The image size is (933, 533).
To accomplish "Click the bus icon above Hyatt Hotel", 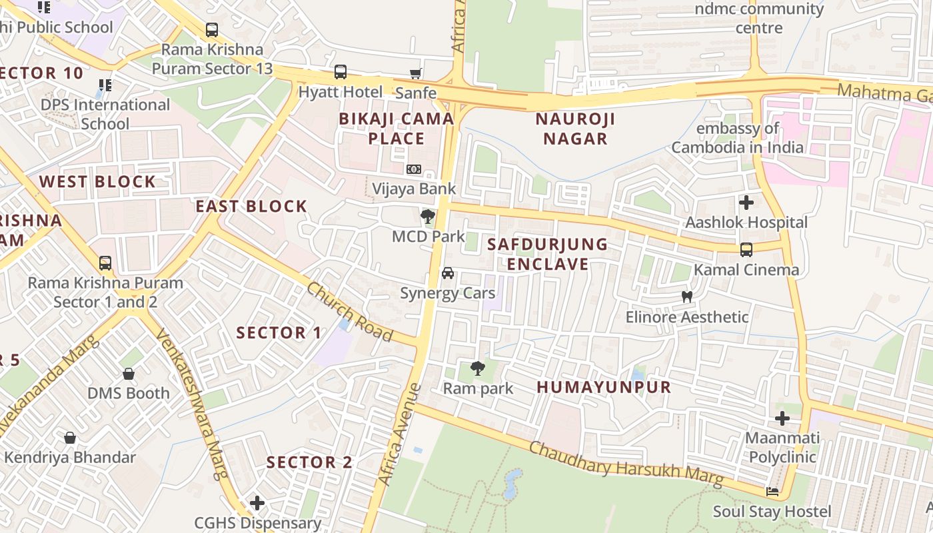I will click(x=341, y=72).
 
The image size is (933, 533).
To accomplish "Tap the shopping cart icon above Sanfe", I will click(x=416, y=73).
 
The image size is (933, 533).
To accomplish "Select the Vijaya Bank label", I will click(x=414, y=189).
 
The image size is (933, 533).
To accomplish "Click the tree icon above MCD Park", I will click(x=428, y=217).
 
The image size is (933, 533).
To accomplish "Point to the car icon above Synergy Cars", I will click(x=448, y=273).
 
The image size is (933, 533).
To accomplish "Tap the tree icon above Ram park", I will click(x=478, y=368).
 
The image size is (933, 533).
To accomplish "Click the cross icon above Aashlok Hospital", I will click(x=746, y=202).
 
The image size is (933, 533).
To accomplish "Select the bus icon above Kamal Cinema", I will click(x=746, y=250).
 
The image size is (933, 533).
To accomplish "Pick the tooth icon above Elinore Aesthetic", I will click(x=687, y=297).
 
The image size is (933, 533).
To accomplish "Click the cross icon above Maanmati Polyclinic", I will click(x=782, y=418).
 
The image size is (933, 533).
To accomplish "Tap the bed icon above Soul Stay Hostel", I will click(x=772, y=492).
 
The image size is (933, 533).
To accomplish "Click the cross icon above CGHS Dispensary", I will click(x=257, y=503).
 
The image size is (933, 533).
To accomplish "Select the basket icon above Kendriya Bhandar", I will click(x=70, y=438).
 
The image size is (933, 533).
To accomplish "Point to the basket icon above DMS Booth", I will click(x=129, y=374).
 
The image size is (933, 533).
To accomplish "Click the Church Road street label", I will click(x=349, y=312).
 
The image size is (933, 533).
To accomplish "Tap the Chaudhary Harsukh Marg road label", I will click(x=626, y=463).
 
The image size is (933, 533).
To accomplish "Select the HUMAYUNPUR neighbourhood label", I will click(x=604, y=387).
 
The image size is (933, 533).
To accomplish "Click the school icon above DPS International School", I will click(x=105, y=85).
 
